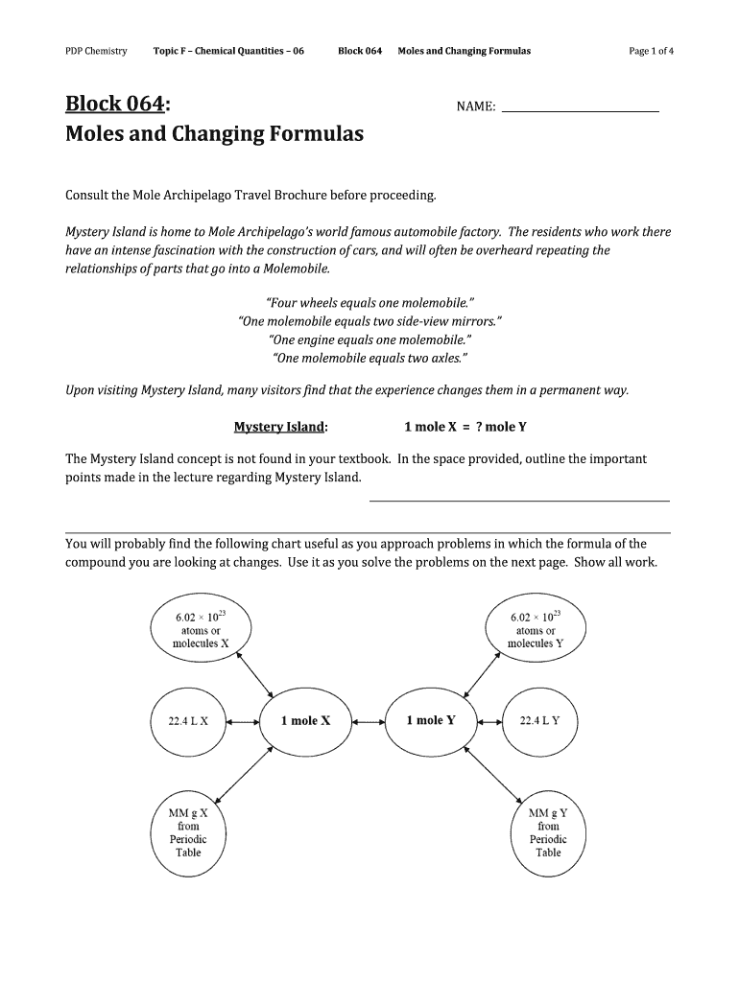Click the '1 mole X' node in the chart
(305, 720)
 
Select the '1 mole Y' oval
(430, 720)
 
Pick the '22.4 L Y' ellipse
(539, 720)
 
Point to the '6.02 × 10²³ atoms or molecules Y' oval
(536, 630)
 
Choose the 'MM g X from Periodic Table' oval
(189, 831)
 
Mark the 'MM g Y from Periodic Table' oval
(548, 831)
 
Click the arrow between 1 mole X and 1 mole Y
(368, 720)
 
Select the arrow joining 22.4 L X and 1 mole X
(247, 720)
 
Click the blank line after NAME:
(581, 109)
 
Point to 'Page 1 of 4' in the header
(652, 51)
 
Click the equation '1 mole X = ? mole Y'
(465, 427)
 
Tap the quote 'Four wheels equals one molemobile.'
(369, 303)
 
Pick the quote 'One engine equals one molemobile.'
(370, 339)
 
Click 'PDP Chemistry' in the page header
(96, 51)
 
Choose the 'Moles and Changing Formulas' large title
(214, 134)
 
